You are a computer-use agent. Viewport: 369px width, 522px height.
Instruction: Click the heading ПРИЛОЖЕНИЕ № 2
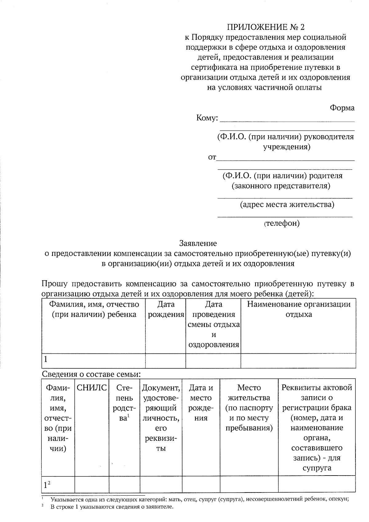pyautogui.click(x=266, y=27)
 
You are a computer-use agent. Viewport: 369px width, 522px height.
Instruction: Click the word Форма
pyautogui.click(x=342, y=108)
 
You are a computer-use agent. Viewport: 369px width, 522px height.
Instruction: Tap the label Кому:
pyautogui.click(x=207, y=118)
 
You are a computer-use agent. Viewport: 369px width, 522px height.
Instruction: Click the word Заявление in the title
pyautogui.click(x=198, y=243)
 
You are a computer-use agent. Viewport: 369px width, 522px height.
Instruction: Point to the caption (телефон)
pyautogui.click(x=282, y=223)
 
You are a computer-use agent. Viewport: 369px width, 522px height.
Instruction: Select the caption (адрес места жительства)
pyautogui.click(x=287, y=205)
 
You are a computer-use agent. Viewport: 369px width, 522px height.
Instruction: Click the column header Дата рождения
pyautogui.click(x=166, y=309)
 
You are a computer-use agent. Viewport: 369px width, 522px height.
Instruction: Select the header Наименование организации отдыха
pyautogui.click(x=299, y=309)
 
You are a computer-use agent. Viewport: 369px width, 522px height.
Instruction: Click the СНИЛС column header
pyautogui.click(x=92, y=388)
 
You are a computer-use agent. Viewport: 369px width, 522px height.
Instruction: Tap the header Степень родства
pyautogui.click(x=124, y=403)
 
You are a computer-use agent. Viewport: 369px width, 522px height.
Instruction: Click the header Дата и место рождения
pyautogui.click(x=201, y=403)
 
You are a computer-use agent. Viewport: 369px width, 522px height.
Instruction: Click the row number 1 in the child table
pyautogui.click(x=46, y=359)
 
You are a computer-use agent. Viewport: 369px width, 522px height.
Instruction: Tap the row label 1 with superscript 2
pyautogui.click(x=47, y=485)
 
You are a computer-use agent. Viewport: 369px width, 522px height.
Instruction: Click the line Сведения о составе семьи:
pyautogui.click(x=91, y=374)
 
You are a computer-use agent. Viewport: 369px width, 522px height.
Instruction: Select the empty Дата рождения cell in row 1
pyautogui.click(x=165, y=361)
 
